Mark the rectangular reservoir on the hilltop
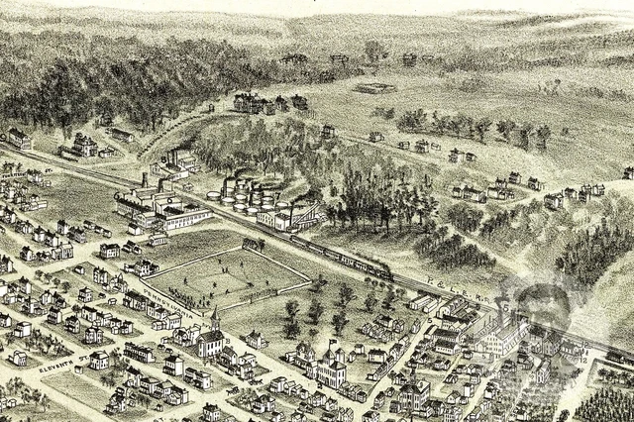pyautogui.click(x=374, y=88)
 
